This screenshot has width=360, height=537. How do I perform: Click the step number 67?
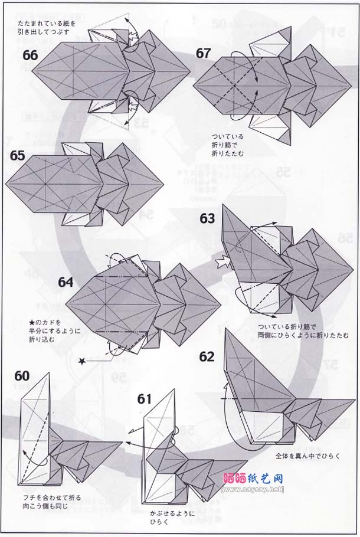pyautogui.click(x=204, y=53)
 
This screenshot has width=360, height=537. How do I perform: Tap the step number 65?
pyautogui.click(x=18, y=157)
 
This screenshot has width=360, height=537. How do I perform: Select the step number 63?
pyautogui.click(x=207, y=219)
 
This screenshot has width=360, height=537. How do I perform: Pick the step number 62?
pyautogui.click(x=207, y=356)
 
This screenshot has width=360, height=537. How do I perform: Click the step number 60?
pyautogui.click(x=22, y=376)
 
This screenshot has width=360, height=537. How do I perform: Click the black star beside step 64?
pyautogui.click(x=83, y=360)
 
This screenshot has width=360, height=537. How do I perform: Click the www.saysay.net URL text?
pyautogui.click(x=253, y=489)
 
